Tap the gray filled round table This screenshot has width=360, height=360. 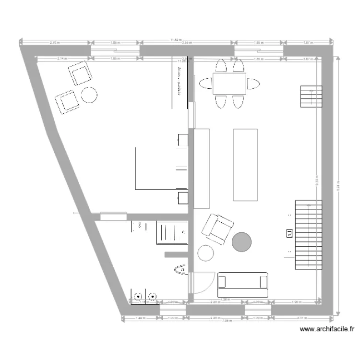(x=242, y=241)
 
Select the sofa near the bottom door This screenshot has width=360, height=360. (x=242, y=285)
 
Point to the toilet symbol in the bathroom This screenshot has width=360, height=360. (x=181, y=270)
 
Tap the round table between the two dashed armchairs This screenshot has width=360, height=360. (x=89, y=95)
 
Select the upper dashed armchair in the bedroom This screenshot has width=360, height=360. (x=81, y=72)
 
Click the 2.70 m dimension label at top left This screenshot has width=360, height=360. (x=55, y=43)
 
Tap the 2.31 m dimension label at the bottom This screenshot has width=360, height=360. (x=301, y=318)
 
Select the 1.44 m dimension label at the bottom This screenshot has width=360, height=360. (x=140, y=318)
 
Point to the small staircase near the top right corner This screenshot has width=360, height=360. (x=311, y=97)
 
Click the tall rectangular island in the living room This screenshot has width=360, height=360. (x=246, y=164)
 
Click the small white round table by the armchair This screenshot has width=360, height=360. (x=206, y=252)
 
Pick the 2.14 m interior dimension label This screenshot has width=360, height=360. (x=61, y=59)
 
